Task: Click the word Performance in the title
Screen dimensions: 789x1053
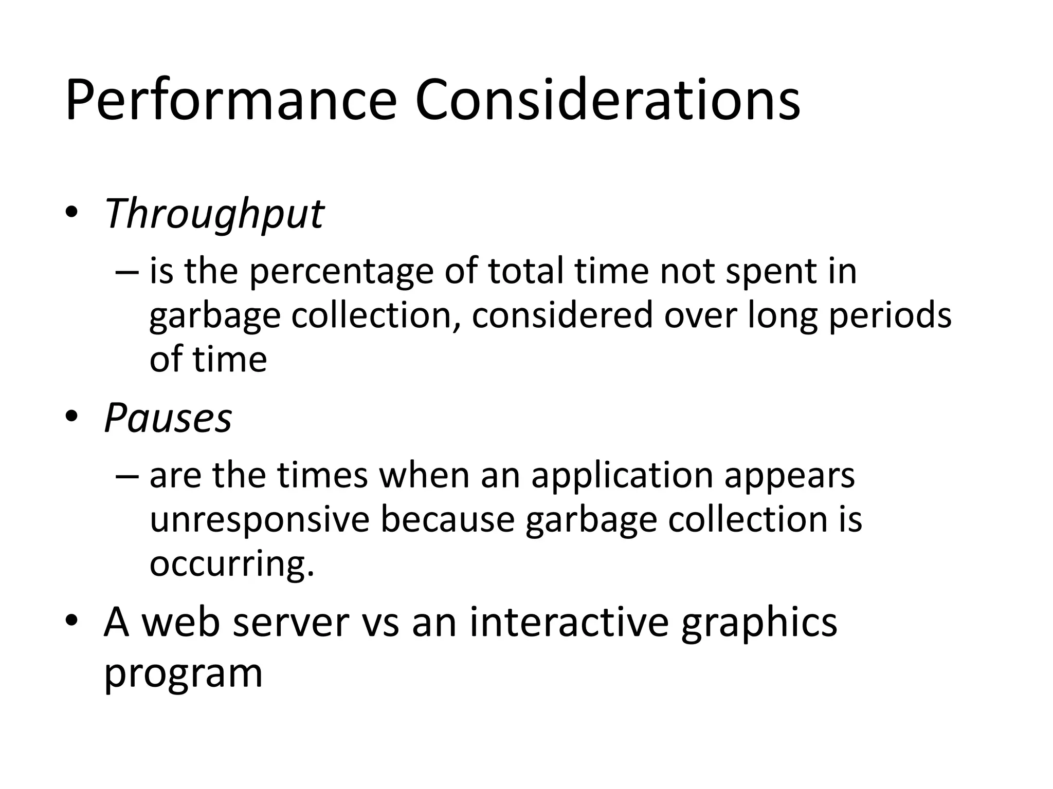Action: pos(231,100)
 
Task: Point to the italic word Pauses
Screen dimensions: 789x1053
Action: pos(168,418)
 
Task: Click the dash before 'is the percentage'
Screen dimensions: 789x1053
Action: pos(128,271)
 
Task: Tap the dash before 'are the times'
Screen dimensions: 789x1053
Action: pos(128,475)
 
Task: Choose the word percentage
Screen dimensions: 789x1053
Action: pos(341,272)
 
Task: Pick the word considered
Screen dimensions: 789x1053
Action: pos(562,315)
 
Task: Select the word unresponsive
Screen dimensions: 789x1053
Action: pos(259,520)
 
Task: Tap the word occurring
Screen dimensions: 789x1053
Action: pos(231,565)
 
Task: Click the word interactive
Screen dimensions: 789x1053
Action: pos(569,622)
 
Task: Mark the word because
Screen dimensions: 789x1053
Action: pos(447,519)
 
